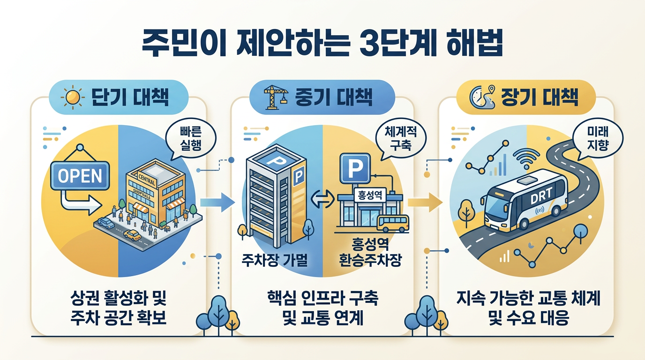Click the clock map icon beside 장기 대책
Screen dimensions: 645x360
[481, 98]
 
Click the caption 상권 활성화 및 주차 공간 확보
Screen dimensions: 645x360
[120, 307]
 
